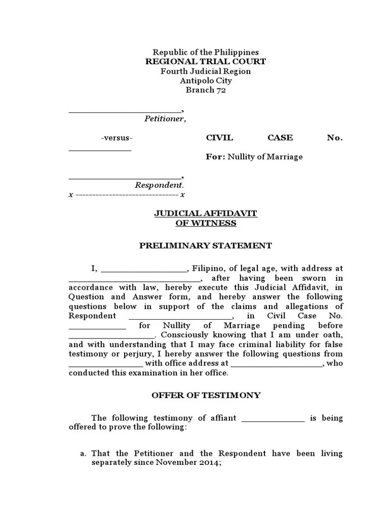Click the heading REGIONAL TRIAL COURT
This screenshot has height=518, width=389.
click(x=206, y=62)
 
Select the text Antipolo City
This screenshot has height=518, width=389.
click(x=206, y=81)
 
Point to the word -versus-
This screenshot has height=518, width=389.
click(x=117, y=138)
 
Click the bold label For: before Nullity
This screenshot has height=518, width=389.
click(x=215, y=157)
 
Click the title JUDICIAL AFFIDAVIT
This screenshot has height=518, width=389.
click(x=206, y=214)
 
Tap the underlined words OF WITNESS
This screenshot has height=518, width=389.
click(x=206, y=223)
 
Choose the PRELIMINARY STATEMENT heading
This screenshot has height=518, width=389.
click(x=206, y=246)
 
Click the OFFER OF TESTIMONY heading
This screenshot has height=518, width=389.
click(x=206, y=395)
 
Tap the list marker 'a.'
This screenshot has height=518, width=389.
click(x=84, y=454)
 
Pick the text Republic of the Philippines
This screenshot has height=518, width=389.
click(x=206, y=53)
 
